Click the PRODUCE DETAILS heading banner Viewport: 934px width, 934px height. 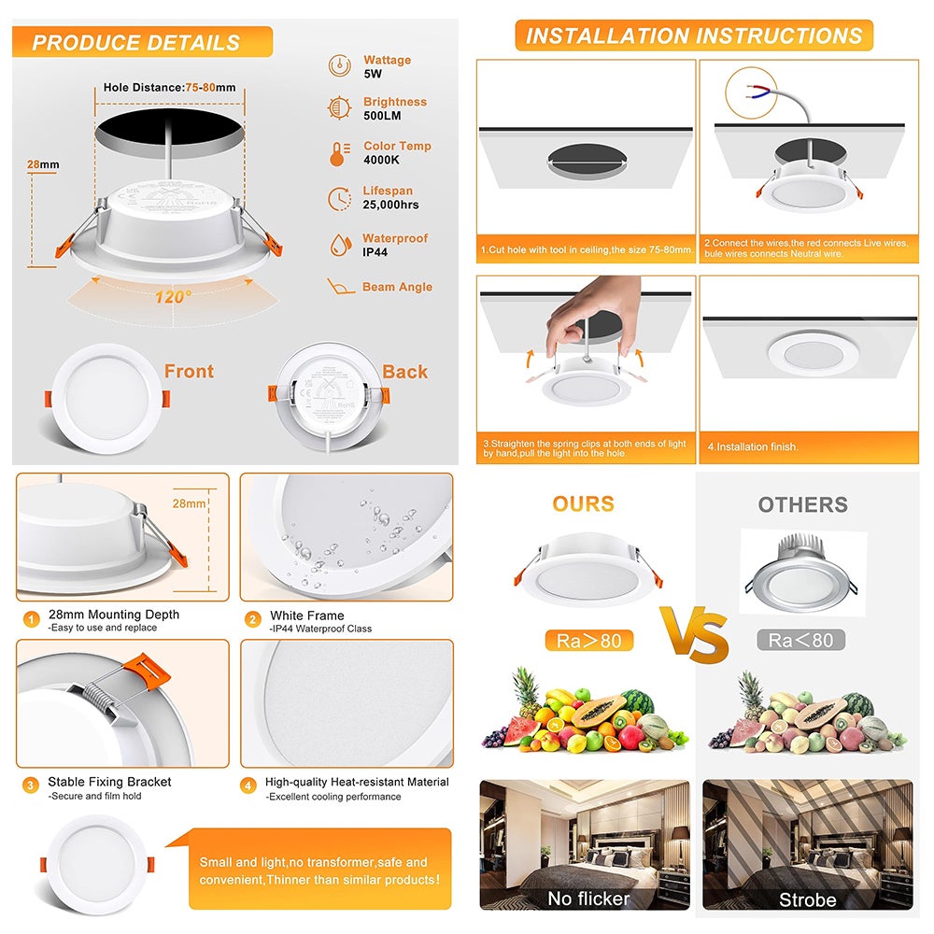point(136,42)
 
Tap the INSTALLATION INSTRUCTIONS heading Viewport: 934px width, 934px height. point(694,36)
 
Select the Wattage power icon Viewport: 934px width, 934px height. point(339,65)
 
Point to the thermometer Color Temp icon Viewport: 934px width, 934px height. point(337,153)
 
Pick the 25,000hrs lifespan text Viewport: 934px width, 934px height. point(390,205)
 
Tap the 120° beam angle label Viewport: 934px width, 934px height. point(173,296)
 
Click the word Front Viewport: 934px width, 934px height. point(189,372)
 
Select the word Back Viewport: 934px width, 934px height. point(404,372)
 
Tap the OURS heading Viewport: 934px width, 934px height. point(583,504)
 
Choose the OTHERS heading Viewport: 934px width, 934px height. point(802,505)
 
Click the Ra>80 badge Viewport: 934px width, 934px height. point(588,640)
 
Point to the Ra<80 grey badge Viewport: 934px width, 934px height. point(800,640)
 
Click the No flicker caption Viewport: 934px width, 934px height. point(588,899)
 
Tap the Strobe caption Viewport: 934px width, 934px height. point(808,899)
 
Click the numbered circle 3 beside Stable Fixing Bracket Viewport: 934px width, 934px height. point(31,785)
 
